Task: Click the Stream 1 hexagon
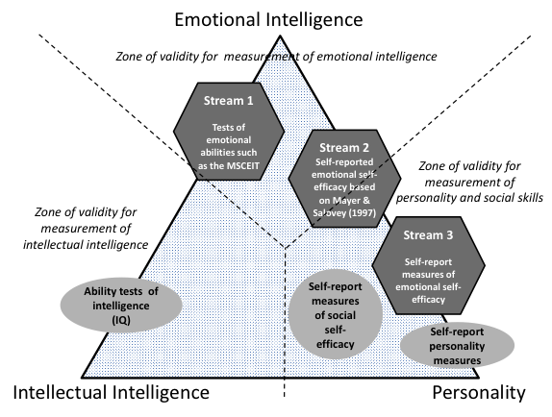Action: tap(229, 132)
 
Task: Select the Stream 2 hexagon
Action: tap(344, 179)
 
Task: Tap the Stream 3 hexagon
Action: tap(429, 265)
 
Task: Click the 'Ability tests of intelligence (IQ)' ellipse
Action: tap(121, 306)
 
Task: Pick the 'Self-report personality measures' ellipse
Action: tap(457, 346)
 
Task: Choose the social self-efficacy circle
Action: tap(335, 314)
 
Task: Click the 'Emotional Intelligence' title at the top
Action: tap(268, 19)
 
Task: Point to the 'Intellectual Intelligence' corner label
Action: tap(112, 392)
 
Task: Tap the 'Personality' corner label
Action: tap(478, 392)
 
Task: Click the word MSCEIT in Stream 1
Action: tap(241, 165)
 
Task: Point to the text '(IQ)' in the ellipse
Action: tap(121, 320)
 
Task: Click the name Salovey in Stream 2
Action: tap(327, 212)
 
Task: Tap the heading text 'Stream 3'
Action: tap(428, 234)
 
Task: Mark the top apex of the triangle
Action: tap(280, 36)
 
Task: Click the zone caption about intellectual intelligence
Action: tap(86, 229)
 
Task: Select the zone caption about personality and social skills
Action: tap(469, 182)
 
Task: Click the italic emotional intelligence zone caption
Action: tap(276, 57)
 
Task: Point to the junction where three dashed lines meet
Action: tap(285, 248)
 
